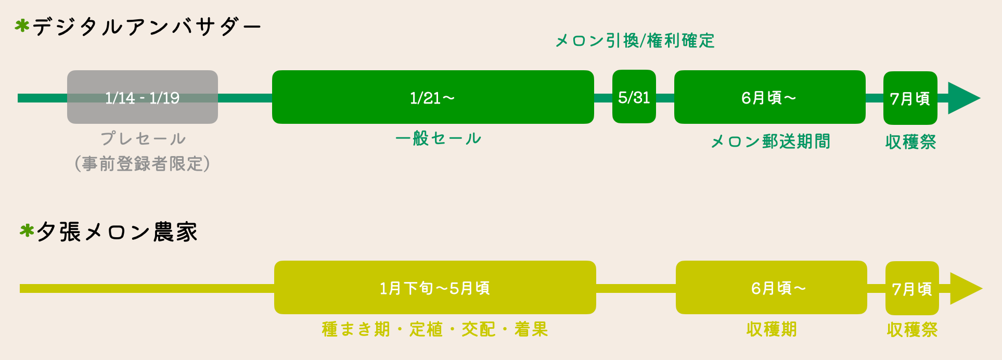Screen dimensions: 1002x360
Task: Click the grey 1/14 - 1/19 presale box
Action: (x=142, y=97)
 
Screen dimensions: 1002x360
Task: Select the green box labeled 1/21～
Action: (x=432, y=97)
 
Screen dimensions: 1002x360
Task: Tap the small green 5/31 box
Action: (x=634, y=97)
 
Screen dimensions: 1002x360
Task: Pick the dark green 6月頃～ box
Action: (x=769, y=97)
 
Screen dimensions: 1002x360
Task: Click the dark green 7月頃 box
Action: (x=910, y=98)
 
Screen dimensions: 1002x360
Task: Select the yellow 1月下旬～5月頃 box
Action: (x=434, y=288)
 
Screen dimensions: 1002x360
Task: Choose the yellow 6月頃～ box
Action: (x=771, y=288)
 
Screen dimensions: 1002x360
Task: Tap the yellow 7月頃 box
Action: (x=911, y=288)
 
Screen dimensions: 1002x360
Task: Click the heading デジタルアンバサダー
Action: (x=147, y=27)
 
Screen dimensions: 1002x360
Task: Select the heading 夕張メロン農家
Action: (x=117, y=232)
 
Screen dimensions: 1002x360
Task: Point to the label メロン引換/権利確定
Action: (x=635, y=41)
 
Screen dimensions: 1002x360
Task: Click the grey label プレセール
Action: (x=143, y=139)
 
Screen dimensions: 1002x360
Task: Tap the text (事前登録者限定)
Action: (x=142, y=164)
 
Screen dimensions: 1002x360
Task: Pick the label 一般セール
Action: (x=438, y=138)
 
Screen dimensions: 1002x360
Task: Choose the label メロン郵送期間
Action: (x=770, y=142)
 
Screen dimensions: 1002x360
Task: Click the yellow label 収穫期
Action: (x=771, y=329)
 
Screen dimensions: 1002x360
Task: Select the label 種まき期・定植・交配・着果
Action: (x=435, y=329)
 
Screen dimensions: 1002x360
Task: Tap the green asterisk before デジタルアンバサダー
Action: (x=22, y=25)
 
